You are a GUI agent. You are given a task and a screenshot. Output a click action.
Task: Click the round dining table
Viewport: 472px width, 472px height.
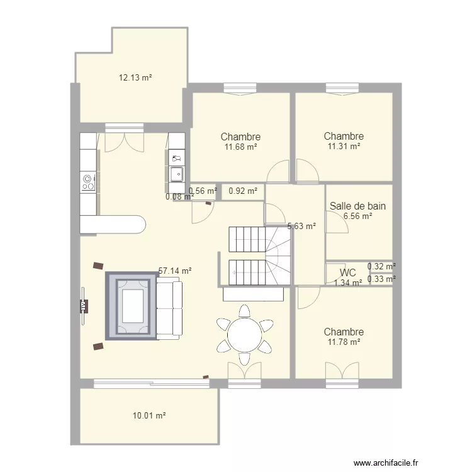[244, 334]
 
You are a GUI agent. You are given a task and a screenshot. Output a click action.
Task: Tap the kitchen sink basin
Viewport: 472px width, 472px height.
[177, 174]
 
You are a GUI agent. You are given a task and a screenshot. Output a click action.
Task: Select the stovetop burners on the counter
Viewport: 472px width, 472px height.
[88, 183]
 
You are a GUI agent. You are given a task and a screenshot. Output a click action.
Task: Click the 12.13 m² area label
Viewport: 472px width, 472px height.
[135, 77]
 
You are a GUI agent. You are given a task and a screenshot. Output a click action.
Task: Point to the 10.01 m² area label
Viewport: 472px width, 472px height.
[149, 416]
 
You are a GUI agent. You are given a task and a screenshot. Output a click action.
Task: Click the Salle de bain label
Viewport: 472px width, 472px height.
[357, 206]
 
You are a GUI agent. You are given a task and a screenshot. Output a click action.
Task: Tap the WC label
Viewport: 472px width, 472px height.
[347, 273]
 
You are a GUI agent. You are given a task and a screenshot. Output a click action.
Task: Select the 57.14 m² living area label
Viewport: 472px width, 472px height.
[175, 271]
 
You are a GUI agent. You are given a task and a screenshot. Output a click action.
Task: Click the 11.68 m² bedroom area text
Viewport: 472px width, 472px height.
[240, 147]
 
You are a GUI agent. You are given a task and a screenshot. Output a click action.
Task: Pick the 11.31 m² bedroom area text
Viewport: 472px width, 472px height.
[344, 146]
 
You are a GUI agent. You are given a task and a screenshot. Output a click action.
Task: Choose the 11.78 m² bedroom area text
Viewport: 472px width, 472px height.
[344, 342]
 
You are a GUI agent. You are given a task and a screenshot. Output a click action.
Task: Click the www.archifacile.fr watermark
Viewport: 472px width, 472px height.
[386, 463]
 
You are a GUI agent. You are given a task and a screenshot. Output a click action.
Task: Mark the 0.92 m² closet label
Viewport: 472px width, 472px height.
[243, 191]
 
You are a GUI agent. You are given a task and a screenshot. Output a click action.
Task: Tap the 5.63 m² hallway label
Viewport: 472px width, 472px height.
[301, 226]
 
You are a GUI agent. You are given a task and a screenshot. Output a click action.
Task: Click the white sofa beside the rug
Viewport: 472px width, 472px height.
[169, 308]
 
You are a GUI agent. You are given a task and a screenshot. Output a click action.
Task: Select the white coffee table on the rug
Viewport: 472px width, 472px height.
[132, 306]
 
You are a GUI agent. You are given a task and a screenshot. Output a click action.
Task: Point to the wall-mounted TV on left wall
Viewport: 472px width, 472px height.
[83, 306]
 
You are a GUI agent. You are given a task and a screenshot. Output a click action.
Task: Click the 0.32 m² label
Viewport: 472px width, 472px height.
[381, 266]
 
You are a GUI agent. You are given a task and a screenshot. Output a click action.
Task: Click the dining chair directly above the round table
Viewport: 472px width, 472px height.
[244, 311]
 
